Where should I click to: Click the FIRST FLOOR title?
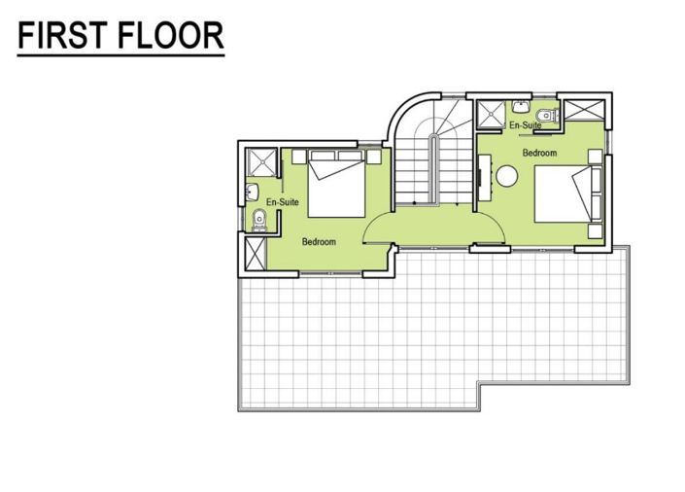pyautogui.click(x=121, y=37)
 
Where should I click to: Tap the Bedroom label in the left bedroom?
pyautogui.click(x=319, y=241)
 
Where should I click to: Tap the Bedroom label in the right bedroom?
pyautogui.click(x=539, y=153)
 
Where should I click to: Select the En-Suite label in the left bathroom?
pyautogui.click(x=282, y=202)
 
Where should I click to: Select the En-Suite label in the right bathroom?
pyautogui.click(x=525, y=125)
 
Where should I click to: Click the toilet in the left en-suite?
pyautogui.click(x=257, y=221)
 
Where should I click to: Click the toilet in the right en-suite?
pyautogui.click(x=549, y=116)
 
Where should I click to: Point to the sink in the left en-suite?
pyautogui.click(x=252, y=191)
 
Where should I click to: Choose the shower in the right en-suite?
pyautogui.click(x=490, y=114)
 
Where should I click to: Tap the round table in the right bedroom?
pyautogui.click(x=508, y=175)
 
